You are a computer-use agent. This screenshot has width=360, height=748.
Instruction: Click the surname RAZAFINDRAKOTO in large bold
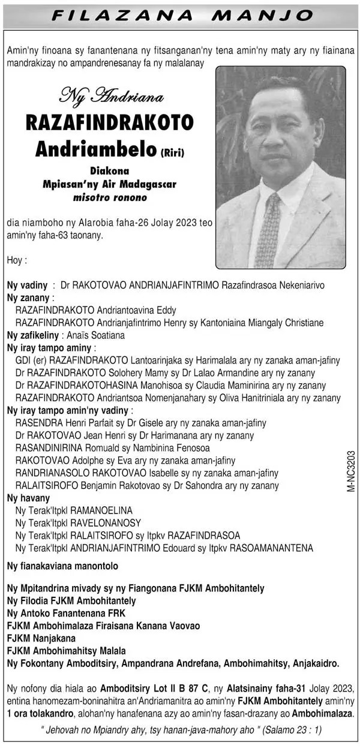coord(109,123)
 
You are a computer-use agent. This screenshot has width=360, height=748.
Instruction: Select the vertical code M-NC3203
coord(350,471)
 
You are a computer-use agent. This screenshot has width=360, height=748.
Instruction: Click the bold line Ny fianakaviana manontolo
coord(62,566)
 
